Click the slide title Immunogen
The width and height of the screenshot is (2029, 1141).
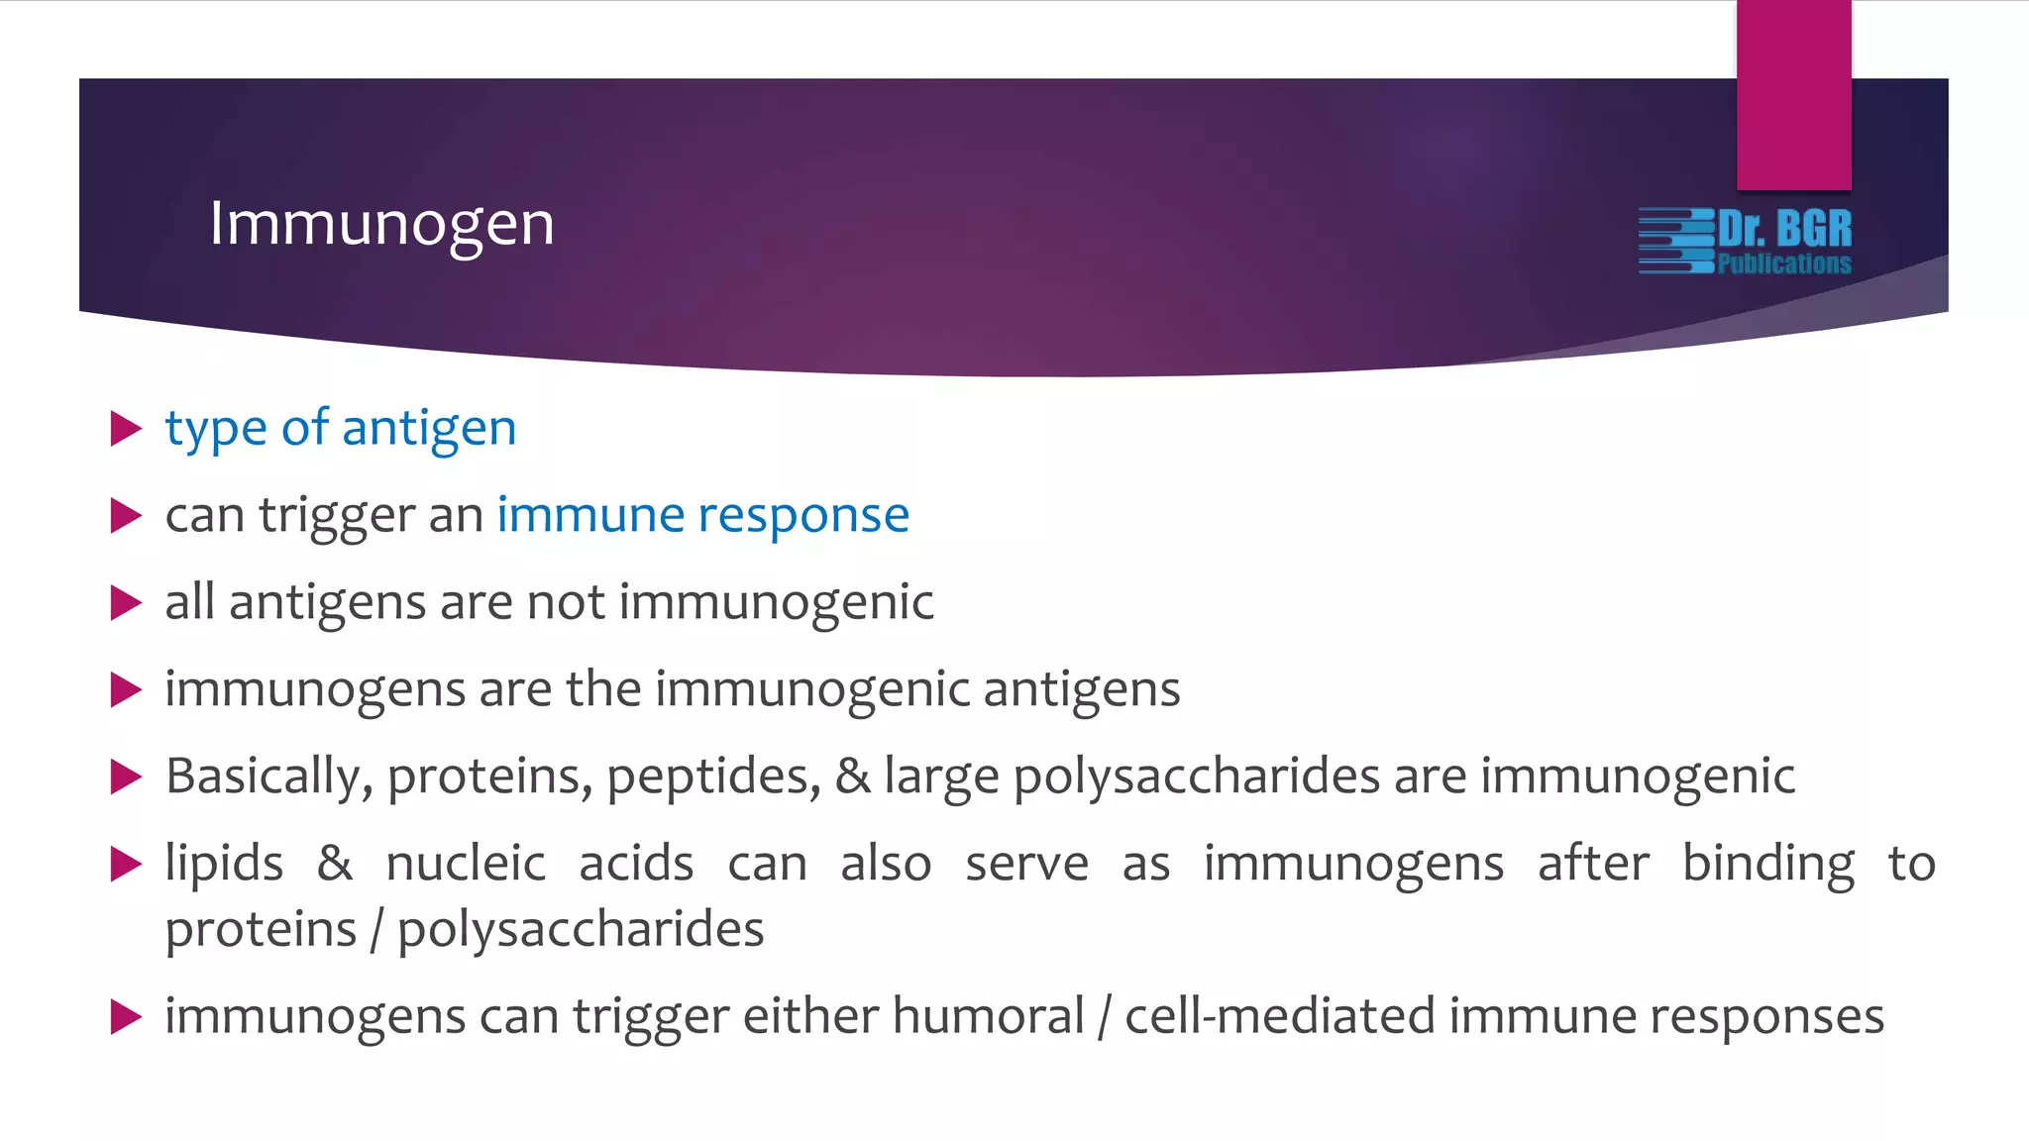click(x=381, y=225)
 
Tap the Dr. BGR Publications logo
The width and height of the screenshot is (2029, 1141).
click(x=1746, y=241)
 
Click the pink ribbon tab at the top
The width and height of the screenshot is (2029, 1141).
click(x=1793, y=95)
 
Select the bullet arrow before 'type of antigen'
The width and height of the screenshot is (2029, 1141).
click(x=126, y=429)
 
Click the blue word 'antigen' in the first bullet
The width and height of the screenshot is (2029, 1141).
click(x=429, y=429)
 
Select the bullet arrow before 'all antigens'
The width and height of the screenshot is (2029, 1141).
click(x=126, y=602)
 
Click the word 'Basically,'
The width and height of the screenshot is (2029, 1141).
click(x=268, y=776)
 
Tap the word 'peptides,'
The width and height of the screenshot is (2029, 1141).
click(x=713, y=776)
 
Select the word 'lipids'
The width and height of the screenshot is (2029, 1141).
click(x=224, y=863)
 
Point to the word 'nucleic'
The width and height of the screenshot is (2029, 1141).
click(x=466, y=863)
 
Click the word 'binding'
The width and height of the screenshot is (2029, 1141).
click(x=1768, y=863)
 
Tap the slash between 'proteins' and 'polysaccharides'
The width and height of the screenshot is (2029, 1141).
click(x=376, y=930)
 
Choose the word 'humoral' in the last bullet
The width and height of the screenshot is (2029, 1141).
click(x=988, y=1016)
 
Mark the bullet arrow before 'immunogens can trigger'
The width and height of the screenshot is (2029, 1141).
click(x=126, y=1016)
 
